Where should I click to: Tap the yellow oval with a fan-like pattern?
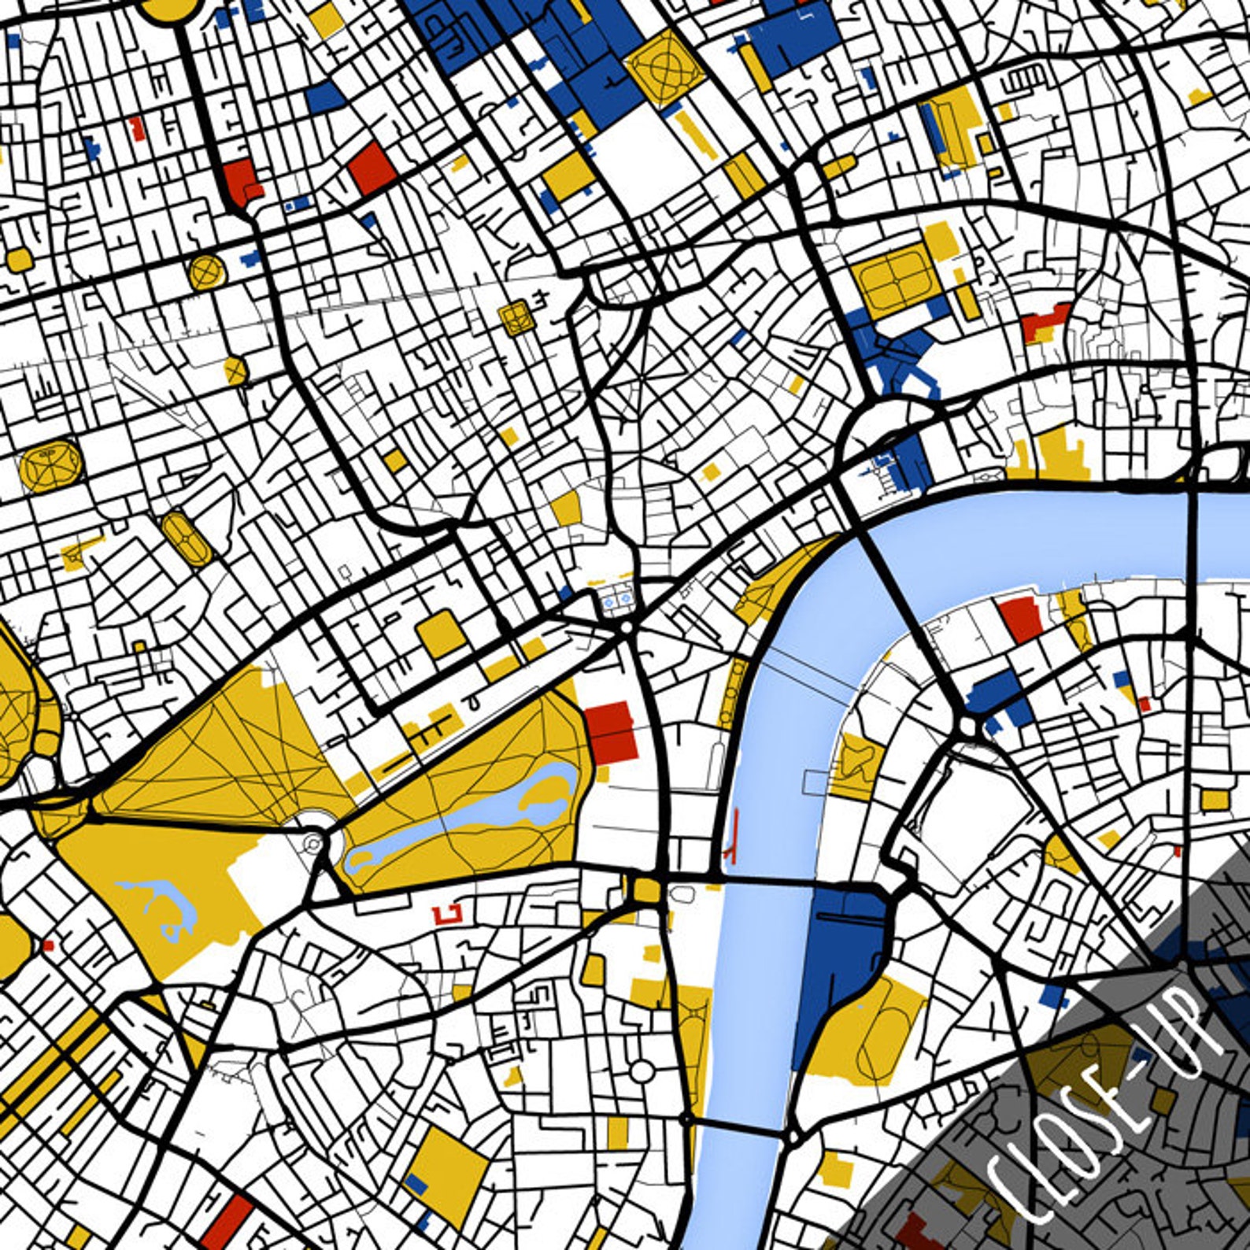[x=50, y=465]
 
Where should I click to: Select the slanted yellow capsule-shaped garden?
[x=187, y=538]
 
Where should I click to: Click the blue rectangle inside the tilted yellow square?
[x=416, y=1182]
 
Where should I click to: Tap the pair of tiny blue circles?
[x=616, y=601]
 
